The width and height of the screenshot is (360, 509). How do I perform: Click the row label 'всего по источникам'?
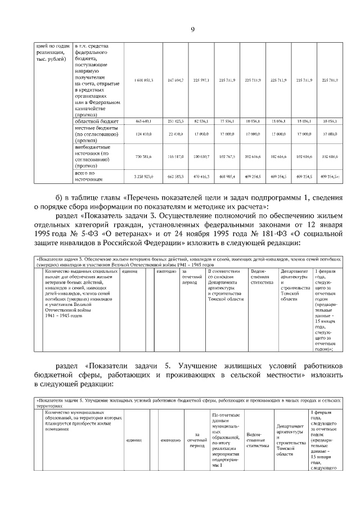[90, 177]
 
